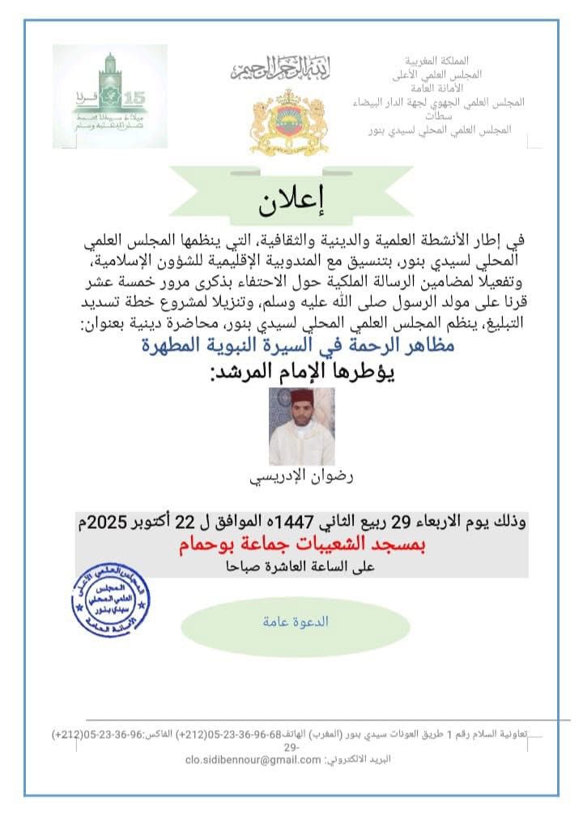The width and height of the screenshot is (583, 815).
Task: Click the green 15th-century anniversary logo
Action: click(x=110, y=96)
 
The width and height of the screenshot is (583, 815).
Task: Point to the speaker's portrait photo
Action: click(x=301, y=426)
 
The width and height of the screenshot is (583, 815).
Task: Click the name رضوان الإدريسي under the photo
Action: click(x=301, y=477)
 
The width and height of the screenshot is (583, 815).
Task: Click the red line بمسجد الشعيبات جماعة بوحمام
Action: click(x=301, y=545)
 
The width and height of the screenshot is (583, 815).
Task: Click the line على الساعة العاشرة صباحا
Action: click(x=301, y=567)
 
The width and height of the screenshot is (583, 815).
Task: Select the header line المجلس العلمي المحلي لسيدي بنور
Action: click(x=437, y=129)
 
